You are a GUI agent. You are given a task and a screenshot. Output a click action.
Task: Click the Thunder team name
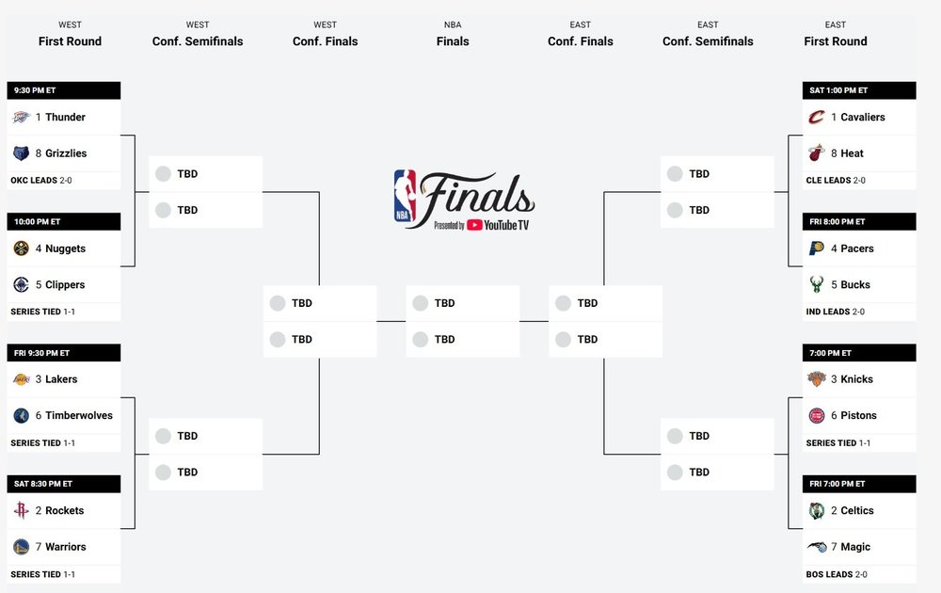point(65,118)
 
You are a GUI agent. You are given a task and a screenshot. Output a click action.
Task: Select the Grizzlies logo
point(22,153)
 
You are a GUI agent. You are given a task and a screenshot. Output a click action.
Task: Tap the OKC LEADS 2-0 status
point(42,180)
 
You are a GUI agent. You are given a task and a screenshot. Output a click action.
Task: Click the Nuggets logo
point(22,249)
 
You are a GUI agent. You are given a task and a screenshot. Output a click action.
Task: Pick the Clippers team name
point(65,285)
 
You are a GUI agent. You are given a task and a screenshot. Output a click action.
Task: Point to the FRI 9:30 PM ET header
point(41,353)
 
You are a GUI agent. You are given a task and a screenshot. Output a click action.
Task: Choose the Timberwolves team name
point(79,416)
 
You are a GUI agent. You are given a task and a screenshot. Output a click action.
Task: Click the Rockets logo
point(22,511)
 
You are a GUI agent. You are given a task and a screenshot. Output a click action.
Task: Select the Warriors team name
point(66,547)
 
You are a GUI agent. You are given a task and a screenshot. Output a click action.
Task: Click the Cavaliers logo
point(817,118)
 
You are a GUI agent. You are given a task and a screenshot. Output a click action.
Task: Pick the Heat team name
point(852,153)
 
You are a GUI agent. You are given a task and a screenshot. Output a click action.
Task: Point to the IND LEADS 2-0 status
point(836,312)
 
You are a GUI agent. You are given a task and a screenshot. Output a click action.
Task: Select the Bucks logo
point(817,285)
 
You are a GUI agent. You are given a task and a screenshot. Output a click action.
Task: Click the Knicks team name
point(857,379)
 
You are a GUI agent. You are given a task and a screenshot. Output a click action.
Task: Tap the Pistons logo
point(817,416)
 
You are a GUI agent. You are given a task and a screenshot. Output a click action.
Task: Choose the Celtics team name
point(857,511)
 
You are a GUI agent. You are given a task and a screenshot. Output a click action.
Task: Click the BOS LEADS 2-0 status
point(837,574)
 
